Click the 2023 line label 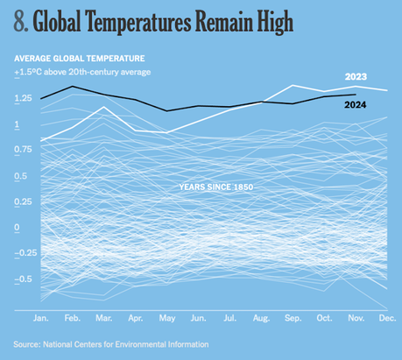click(355, 77)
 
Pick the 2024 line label click(355, 106)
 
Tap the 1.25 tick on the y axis click(25, 99)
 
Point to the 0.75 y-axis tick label click(25, 151)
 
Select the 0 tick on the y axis click(17, 228)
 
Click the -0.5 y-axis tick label click(25, 279)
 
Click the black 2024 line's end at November click(356, 94)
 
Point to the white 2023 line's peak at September click(293, 86)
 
